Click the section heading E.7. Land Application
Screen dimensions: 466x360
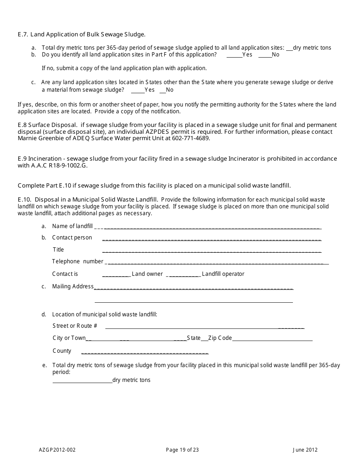[81, 34]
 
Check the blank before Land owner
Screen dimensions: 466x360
[116, 275]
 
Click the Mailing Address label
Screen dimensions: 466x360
[72, 286]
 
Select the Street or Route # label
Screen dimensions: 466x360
[75, 326]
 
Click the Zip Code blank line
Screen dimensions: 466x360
[272, 340]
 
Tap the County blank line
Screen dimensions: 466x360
[145, 353]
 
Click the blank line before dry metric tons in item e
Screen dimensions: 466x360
[82, 382]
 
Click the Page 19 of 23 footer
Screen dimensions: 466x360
[182, 450]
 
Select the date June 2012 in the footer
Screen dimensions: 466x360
[305, 450]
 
